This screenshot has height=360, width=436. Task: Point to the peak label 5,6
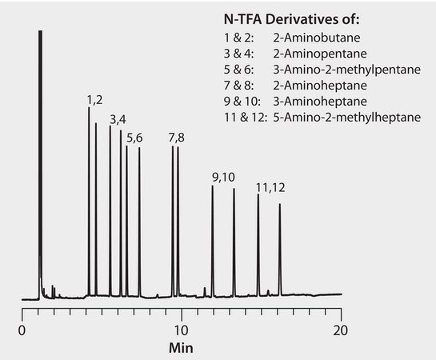coord(134,138)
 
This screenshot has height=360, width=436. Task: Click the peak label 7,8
coord(176,138)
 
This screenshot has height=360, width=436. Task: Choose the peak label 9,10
coord(222,177)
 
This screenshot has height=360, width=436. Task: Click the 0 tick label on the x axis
coord(22,330)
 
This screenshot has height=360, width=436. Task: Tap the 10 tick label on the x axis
coord(182,330)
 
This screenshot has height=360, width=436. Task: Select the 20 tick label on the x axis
coord(342,330)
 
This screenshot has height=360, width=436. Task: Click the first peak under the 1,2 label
coord(89,200)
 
